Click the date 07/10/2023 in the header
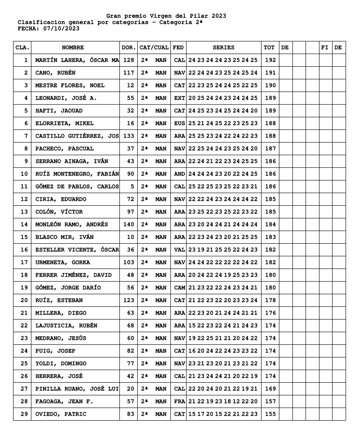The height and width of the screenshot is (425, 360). [x=61, y=28]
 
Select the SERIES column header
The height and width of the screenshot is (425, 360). [x=223, y=48]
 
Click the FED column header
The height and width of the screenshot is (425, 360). [x=178, y=48]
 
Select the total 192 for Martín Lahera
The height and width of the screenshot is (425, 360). [x=270, y=60]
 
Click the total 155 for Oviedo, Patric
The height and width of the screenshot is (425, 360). [x=270, y=414]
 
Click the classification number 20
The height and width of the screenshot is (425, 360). [x=24, y=300]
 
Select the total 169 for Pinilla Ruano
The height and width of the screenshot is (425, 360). [x=270, y=389]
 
